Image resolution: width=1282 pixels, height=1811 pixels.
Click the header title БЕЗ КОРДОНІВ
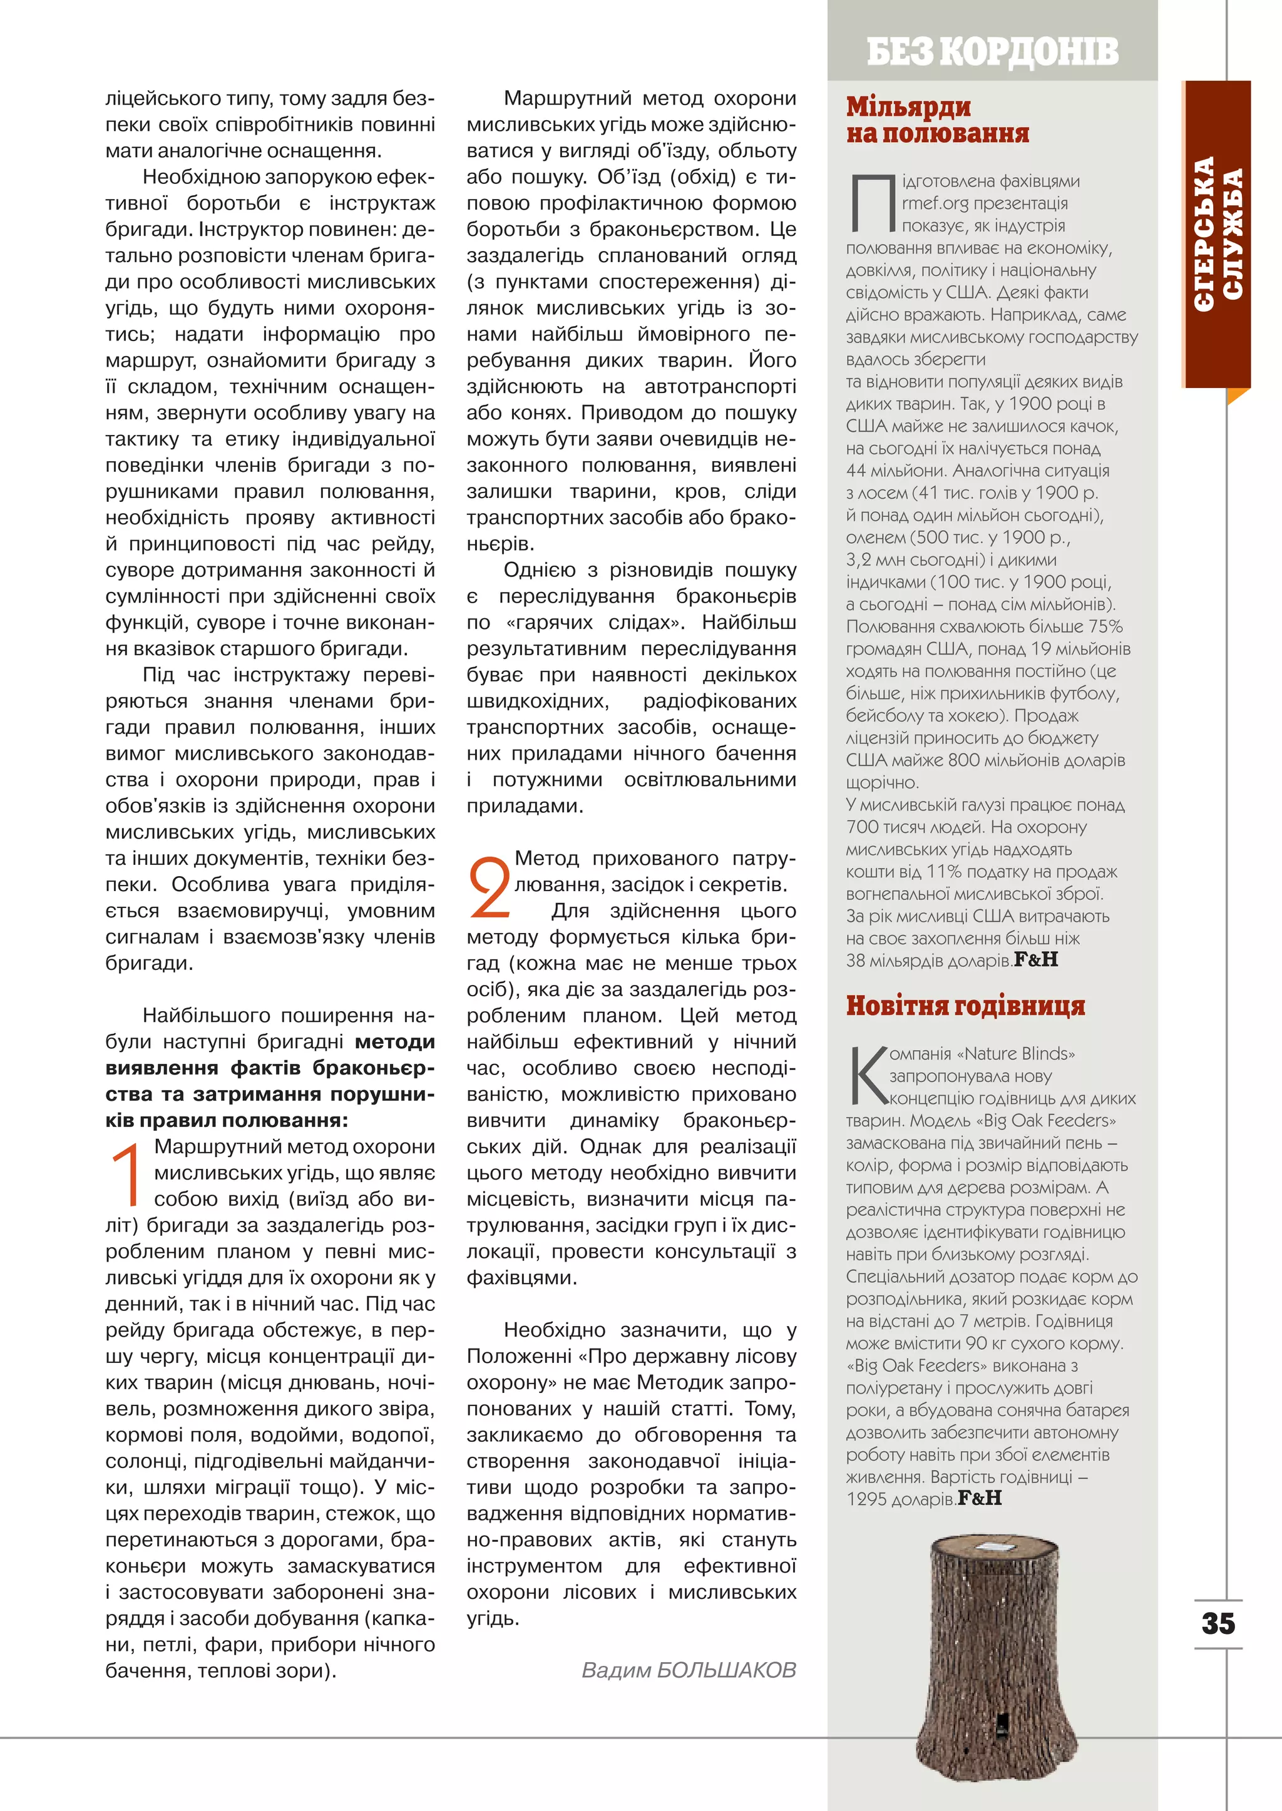pos(992,51)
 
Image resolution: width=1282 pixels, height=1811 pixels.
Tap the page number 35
pos(1218,1623)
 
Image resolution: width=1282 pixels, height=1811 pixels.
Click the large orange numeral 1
pos(127,1173)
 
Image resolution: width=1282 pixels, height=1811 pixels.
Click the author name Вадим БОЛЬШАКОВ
pos(689,1670)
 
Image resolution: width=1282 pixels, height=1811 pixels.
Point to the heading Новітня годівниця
pos(965,1006)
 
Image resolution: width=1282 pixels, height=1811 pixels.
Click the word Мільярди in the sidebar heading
pos(908,106)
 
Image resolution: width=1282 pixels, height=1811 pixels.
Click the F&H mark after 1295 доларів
pos(979,1497)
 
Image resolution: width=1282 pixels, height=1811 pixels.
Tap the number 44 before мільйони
pos(856,471)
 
